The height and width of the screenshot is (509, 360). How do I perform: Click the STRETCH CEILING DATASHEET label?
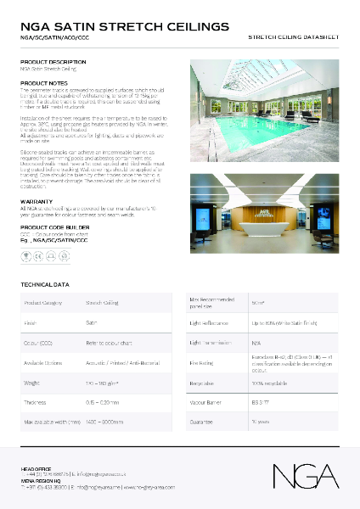coord(293,39)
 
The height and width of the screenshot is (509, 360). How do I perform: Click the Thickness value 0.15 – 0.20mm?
coord(102,401)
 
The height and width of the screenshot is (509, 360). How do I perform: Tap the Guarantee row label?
coord(201,421)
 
